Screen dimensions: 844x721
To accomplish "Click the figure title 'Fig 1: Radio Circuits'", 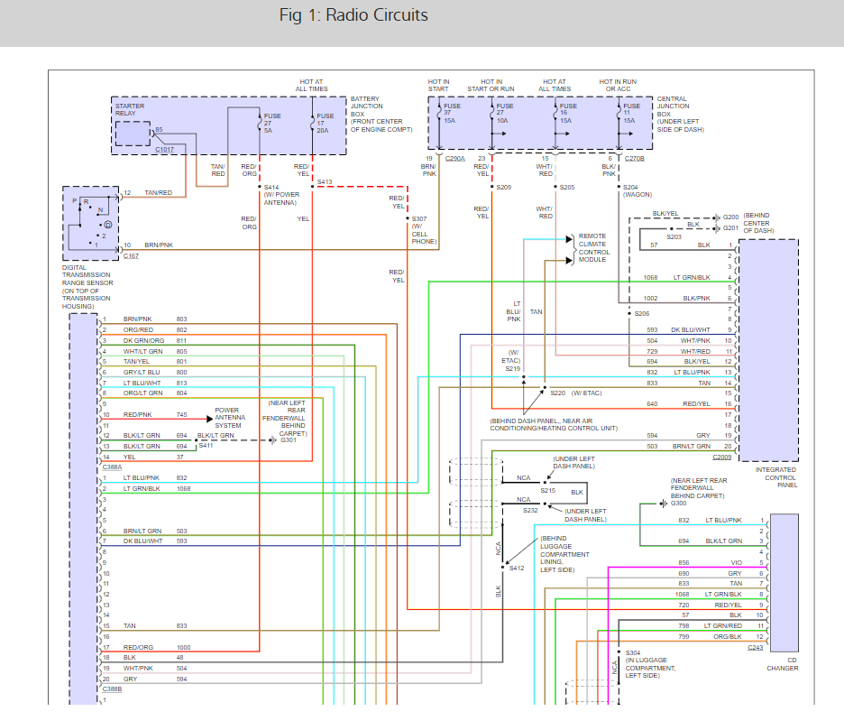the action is pyautogui.click(x=353, y=15).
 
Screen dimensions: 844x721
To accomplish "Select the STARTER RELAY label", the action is pyautogui.click(x=130, y=109).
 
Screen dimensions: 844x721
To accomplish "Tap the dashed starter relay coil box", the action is pyautogui.click(x=133, y=134).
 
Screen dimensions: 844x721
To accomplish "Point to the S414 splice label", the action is pyautogui.click(x=271, y=187).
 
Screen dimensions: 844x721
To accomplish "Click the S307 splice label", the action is pyautogui.click(x=419, y=218).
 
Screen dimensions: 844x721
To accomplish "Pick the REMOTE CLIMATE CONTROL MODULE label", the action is pyautogui.click(x=594, y=248).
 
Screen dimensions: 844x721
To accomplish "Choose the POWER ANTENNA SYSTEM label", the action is pyautogui.click(x=230, y=418).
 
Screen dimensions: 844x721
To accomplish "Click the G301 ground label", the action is pyautogui.click(x=289, y=440).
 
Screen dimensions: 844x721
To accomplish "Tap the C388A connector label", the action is pyautogui.click(x=112, y=467).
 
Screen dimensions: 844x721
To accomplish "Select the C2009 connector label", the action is pyautogui.click(x=721, y=457).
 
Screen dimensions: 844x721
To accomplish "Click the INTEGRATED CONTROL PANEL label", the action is pyautogui.click(x=775, y=477).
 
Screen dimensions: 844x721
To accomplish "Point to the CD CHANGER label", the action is pyautogui.click(x=783, y=664).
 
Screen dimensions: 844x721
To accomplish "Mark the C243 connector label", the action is pyautogui.click(x=756, y=647).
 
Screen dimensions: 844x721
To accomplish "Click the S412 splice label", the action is pyautogui.click(x=517, y=568).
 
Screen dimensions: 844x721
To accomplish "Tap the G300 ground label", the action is pyautogui.click(x=678, y=504).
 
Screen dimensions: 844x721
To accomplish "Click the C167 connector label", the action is pyautogui.click(x=131, y=256).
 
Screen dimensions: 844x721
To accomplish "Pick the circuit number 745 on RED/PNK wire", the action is pyautogui.click(x=182, y=415).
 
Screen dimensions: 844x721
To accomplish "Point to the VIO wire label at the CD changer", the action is pyautogui.click(x=737, y=562).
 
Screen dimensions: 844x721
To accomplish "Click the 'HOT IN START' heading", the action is pyautogui.click(x=439, y=85).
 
